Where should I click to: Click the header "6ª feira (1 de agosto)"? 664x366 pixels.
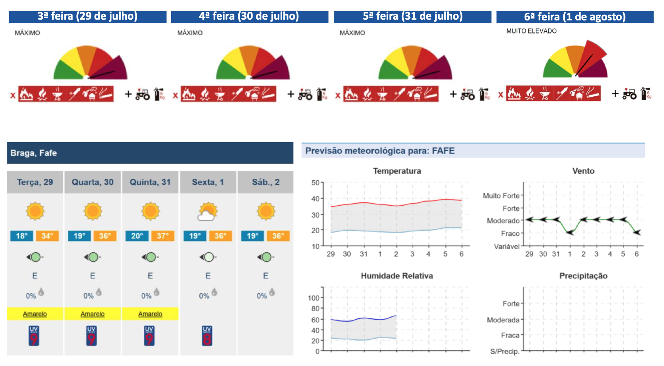point(575,17)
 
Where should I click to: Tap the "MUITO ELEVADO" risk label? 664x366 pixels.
point(531,31)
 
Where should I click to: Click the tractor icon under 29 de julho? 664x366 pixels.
point(142,94)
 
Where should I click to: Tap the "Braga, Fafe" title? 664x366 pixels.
point(34,153)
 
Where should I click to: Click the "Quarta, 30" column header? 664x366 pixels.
point(93,182)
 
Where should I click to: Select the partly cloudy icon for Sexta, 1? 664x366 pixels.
point(208,211)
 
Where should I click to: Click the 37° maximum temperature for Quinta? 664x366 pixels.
point(162,236)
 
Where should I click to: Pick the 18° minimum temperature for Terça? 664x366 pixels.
point(22,236)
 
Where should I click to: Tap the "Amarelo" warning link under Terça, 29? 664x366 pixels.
point(35,314)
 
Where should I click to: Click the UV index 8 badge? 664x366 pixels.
point(207,336)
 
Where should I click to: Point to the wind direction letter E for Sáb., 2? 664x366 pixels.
point(266,276)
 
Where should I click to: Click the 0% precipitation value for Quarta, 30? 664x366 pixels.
point(88,296)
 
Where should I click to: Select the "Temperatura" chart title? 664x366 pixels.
point(397,171)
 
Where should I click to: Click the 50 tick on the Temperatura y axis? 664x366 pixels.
point(315,183)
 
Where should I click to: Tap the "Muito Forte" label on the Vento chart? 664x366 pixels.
point(501,196)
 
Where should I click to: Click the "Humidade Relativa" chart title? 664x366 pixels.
point(397,276)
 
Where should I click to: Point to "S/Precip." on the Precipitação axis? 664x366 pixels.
point(504,351)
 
